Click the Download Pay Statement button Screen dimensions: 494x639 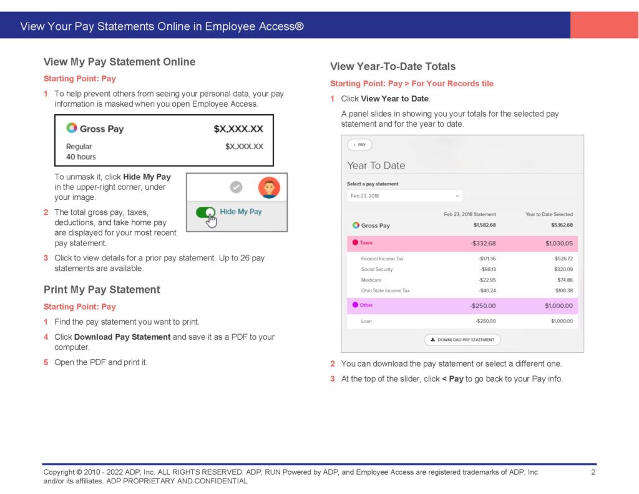point(462,340)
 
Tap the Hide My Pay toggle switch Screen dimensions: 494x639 point(205,212)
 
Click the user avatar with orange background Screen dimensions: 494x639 point(269,187)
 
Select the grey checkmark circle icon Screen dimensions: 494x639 point(235,187)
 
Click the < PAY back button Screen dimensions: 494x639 point(359,145)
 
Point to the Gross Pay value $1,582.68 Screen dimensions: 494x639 point(484,225)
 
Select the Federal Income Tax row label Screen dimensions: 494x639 point(383,259)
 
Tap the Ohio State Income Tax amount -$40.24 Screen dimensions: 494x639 point(487,290)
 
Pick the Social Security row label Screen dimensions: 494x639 point(377,269)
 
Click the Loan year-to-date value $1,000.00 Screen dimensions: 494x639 point(562,321)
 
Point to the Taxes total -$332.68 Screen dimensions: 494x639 point(483,243)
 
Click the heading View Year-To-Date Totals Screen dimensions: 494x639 point(393,66)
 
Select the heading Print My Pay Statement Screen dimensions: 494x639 point(102,290)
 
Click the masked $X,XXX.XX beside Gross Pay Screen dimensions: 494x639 point(238,129)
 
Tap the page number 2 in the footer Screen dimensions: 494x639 point(593,472)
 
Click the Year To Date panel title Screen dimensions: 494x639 point(376,165)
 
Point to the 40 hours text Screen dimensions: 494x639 point(81,157)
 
